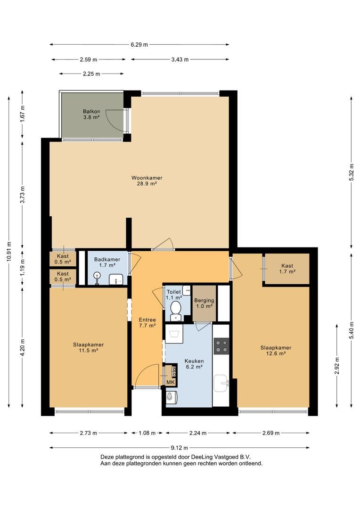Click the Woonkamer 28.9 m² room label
tap(147, 181)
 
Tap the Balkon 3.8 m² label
tap(91, 114)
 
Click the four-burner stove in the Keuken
tap(221, 346)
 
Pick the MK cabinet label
tap(171, 382)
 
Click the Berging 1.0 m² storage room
tap(204, 303)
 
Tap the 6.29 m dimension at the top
tap(139, 44)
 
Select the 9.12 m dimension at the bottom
tap(179, 448)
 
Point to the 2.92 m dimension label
tap(337, 366)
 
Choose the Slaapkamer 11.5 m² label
tap(88, 347)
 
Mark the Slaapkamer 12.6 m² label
tap(276, 351)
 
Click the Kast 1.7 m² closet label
tap(287, 269)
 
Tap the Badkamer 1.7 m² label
tap(107, 262)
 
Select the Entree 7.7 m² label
tap(147, 322)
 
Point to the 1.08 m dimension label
tap(147, 433)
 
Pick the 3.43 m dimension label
tap(180, 59)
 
